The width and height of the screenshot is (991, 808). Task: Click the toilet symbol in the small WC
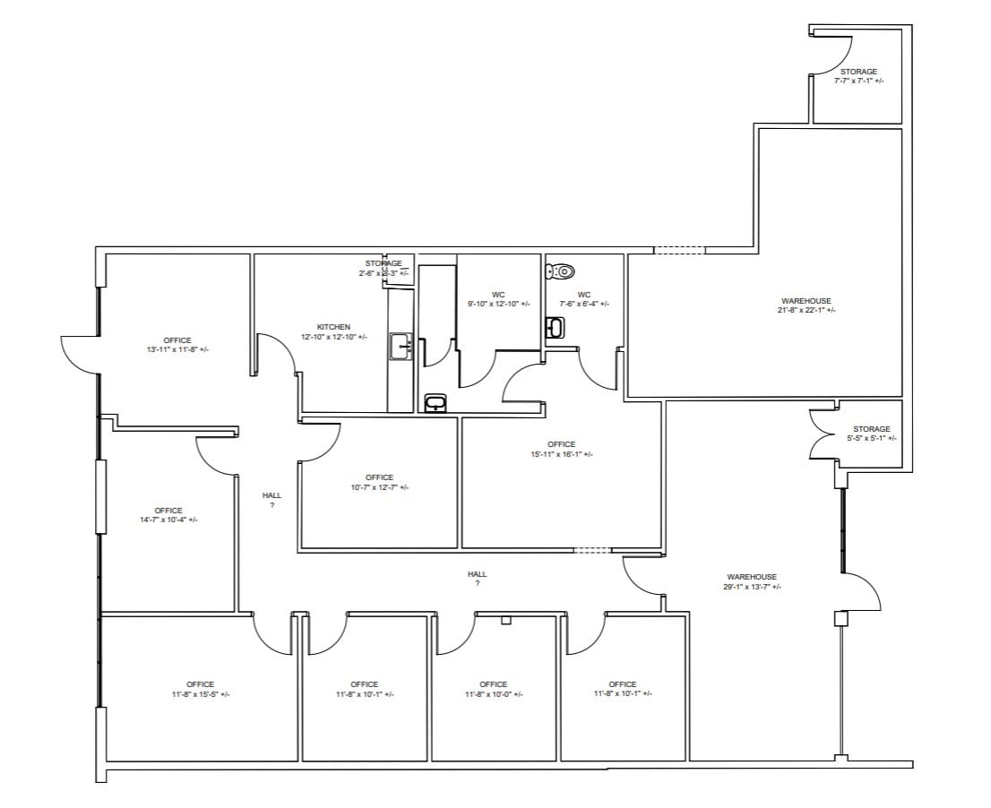(561, 271)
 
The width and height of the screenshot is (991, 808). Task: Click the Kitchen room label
(333, 327)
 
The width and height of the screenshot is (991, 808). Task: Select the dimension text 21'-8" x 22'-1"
(806, 310)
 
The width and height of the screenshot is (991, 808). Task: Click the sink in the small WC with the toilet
(555, 329)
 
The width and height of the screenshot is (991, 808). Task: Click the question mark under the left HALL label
(271, 505)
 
